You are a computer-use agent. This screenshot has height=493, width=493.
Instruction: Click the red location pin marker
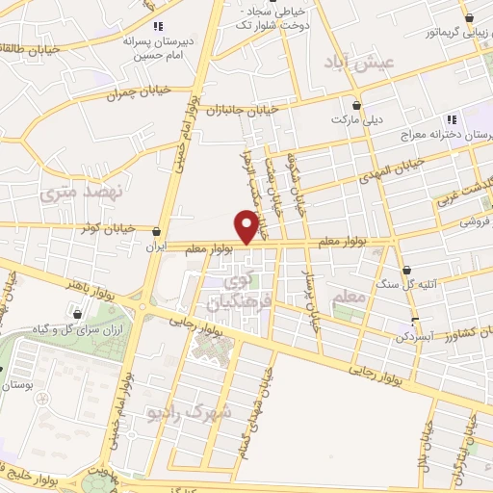coord(247,227)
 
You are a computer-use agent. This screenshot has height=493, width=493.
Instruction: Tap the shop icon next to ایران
coord(157,231)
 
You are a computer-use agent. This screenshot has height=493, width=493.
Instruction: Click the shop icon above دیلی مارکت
coord(357,105)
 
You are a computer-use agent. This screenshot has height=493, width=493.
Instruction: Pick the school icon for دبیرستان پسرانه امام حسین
coord(159,26)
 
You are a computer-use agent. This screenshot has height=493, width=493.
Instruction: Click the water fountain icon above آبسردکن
coord(415,323)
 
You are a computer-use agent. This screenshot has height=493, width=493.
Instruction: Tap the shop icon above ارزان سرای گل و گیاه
coord(77,313)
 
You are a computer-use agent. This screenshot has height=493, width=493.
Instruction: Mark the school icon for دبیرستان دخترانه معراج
coord(450,119)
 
